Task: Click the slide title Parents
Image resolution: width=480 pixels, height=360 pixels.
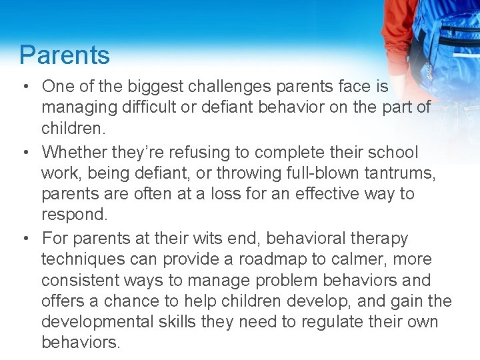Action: pyautogui.click(x=65, y=55)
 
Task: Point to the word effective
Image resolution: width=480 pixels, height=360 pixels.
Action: pyautogui.click(x=313, y=194)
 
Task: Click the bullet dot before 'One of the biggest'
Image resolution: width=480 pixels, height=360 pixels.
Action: pyautogui.click(x=24, y=87)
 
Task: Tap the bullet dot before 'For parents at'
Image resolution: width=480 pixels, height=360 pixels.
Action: pyautogui.click(x=24, y=239)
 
